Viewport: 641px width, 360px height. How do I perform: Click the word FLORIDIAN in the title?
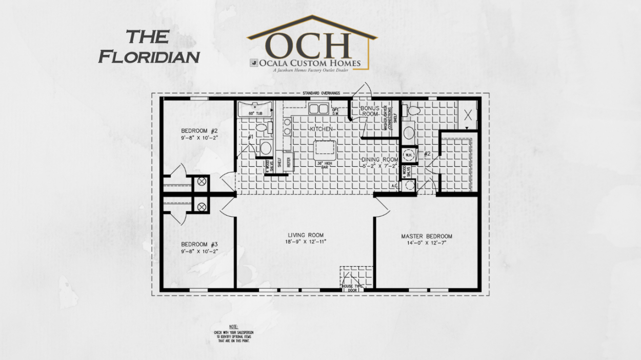click(149, 56)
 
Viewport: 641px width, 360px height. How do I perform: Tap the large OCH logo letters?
click(311, 46)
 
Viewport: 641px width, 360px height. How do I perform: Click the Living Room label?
click(306, 235)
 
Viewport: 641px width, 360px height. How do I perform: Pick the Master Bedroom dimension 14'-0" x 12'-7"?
click(427, 244)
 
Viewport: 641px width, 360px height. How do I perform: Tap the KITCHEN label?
click(321, 128)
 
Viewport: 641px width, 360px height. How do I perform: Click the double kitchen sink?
click(318, 109)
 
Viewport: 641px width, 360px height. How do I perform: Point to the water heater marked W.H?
click(410, 154)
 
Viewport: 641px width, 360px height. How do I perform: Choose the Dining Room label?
click(380, 159)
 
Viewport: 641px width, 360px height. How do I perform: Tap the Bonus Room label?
click(369, 111)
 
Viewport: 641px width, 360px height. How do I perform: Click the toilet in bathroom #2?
click(412, 110)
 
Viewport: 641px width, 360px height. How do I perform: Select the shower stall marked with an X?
click(468, 115)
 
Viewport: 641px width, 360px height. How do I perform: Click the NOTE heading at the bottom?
click(234, 327)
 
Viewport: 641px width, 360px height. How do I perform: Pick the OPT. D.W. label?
click(336, 111)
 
